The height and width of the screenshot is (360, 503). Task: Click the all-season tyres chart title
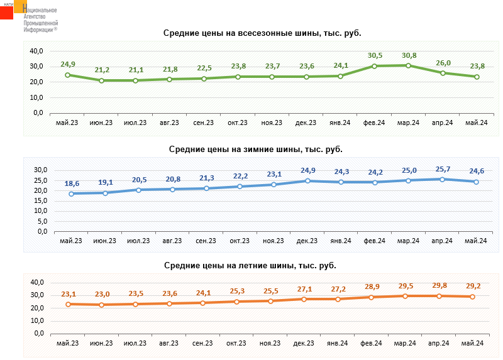click(x=263, y=33)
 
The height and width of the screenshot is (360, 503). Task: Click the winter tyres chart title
click(x=255, y=150)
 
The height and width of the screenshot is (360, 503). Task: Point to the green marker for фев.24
click(x=374, y=66)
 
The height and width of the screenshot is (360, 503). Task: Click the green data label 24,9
click(x=68, y=64)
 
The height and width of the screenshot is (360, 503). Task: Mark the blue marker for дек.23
click(x=306, y=181)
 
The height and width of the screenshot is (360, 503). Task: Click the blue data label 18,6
click(x=72, y=183)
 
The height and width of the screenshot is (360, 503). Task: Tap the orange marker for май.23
click(x=68, y=304)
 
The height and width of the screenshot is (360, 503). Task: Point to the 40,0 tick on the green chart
click(x=35, y=51)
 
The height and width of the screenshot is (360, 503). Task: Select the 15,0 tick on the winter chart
click(x=40, y=201)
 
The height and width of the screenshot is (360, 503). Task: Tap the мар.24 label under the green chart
click(x=409, y=123)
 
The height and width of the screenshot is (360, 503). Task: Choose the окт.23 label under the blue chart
click(x=240, y=241)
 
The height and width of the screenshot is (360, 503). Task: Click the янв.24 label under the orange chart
click(x=337, y=343)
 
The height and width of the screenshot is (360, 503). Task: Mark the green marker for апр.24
click(x=443, y=73)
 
